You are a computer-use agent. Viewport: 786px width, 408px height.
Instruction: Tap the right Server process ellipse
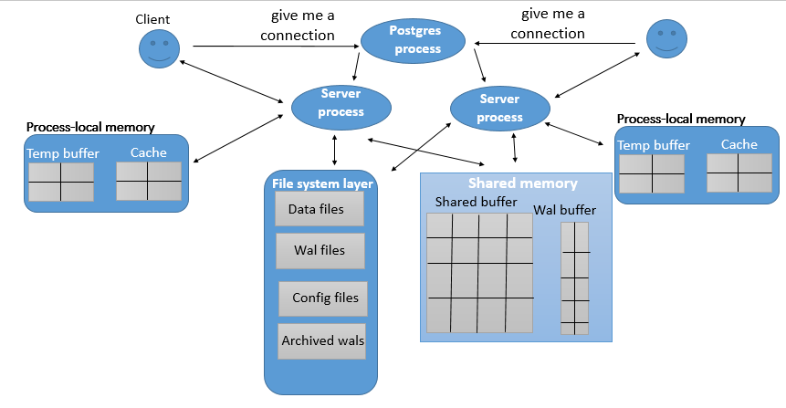click(x=500, y=109)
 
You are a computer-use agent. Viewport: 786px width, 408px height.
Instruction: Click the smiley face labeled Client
click(x=157, y=48)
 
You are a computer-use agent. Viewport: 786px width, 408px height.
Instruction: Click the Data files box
click(x=320, y=209)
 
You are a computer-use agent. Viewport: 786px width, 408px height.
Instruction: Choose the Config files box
click(x=324, y=298)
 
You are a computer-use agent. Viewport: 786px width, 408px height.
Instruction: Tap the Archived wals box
click(x=322, y=340)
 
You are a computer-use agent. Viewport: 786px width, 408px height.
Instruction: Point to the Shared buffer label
click(x=476, y=201)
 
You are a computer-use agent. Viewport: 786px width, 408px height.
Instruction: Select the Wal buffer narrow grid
click(x=574, y=277)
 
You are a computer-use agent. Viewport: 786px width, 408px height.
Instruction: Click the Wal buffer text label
click(x=565, y=210)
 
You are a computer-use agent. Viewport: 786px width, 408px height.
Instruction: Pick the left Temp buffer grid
click(x=61, y=182)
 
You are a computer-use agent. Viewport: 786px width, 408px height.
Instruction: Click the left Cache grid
click(x=149, y=181)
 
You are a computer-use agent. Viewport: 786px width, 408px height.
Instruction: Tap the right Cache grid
click(x=739, y=173)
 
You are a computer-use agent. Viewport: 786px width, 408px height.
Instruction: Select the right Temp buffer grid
click(x=652, y=173)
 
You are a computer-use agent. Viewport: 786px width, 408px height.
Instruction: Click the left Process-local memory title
click(x=90, y=127)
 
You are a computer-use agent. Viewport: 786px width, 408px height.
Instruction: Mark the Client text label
click(x=152, y=19)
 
